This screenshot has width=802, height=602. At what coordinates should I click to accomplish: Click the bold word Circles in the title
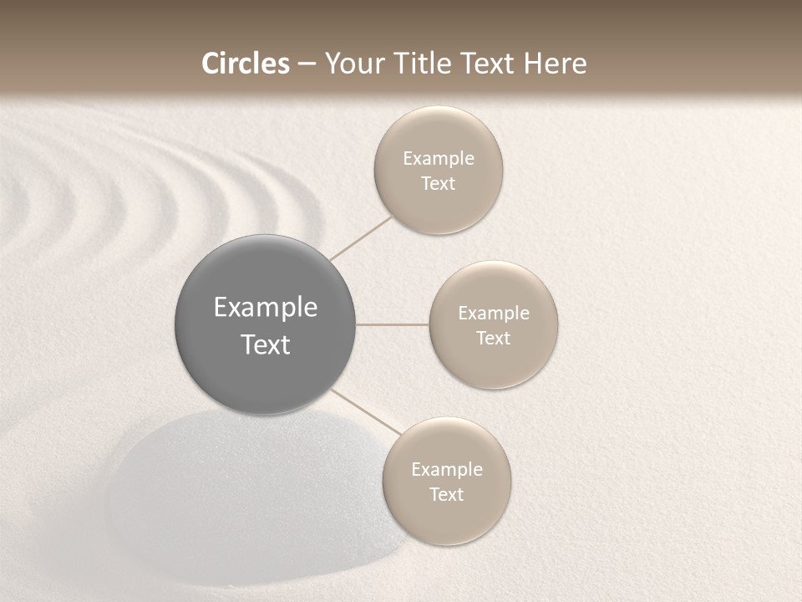point(245,64)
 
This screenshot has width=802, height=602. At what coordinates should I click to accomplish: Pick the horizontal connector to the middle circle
point(392,324)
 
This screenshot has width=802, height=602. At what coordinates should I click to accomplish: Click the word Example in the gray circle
point(265,308)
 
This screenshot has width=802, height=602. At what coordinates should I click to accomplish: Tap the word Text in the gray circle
point(265,344)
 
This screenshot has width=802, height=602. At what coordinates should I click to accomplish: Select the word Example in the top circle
point(438,159)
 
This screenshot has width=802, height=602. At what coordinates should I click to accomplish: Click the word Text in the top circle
point(438,184)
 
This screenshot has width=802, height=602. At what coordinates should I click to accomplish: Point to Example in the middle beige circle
point(494,314)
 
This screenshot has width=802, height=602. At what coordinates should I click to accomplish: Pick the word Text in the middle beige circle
point(494,339)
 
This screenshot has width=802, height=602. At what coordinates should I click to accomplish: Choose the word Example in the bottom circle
point(447,470)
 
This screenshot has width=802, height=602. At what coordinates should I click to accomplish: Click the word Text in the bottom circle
point(447,495)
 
